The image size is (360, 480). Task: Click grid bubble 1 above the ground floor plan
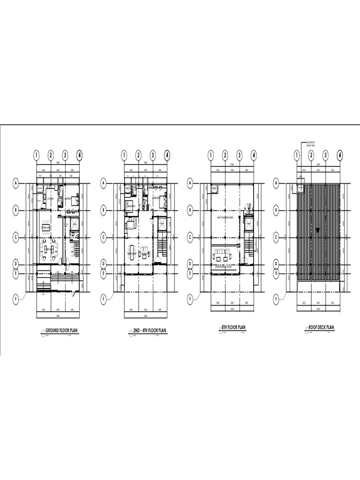(37, 154)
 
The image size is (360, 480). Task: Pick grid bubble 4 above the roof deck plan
(340, 154)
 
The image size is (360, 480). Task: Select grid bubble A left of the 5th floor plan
(190, 184)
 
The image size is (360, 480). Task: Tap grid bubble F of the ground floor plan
(16, 298)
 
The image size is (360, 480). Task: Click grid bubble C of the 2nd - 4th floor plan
(103, 238)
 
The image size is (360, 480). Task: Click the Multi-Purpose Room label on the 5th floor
(227, 218)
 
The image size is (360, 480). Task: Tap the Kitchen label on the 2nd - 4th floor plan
(131, 229)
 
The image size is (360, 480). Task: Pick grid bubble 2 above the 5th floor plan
(225, 154)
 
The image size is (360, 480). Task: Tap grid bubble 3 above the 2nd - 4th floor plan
(153, 154)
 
